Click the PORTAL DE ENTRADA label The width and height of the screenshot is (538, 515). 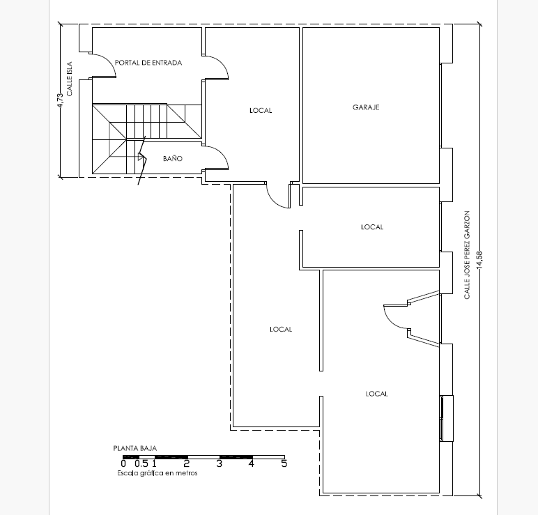coord(148,63)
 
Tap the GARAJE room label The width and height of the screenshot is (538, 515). coord(366,107)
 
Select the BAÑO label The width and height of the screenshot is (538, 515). coord(173,158)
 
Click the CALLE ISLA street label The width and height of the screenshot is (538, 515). coord(70,79)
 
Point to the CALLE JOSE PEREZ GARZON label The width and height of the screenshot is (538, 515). coord(467,255)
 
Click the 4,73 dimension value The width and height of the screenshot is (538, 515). coord(61,100)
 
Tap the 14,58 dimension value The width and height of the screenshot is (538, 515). coord(479,259)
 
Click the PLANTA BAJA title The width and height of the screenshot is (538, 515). coord(134,448)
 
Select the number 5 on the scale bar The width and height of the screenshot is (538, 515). coord(284,463)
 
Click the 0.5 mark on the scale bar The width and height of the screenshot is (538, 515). coord(141,464)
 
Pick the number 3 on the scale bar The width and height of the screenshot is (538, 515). coord(220,464)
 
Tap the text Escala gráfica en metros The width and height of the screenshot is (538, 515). coord(157,473)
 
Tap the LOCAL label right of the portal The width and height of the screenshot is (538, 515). coord(261,111)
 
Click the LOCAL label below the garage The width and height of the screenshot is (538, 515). coord(372,227)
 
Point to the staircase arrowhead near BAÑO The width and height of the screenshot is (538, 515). coord(141,157)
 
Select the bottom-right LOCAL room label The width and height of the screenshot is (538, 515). coord(377,394)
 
